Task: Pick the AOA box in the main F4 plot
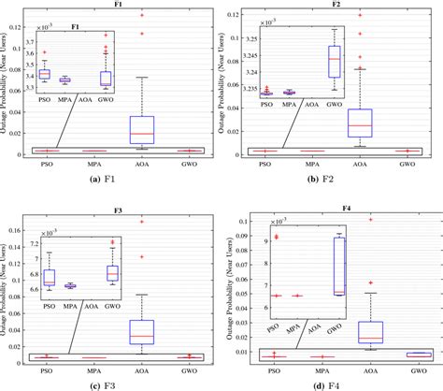pos(371,334)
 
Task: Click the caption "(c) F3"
pos(107,384)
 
